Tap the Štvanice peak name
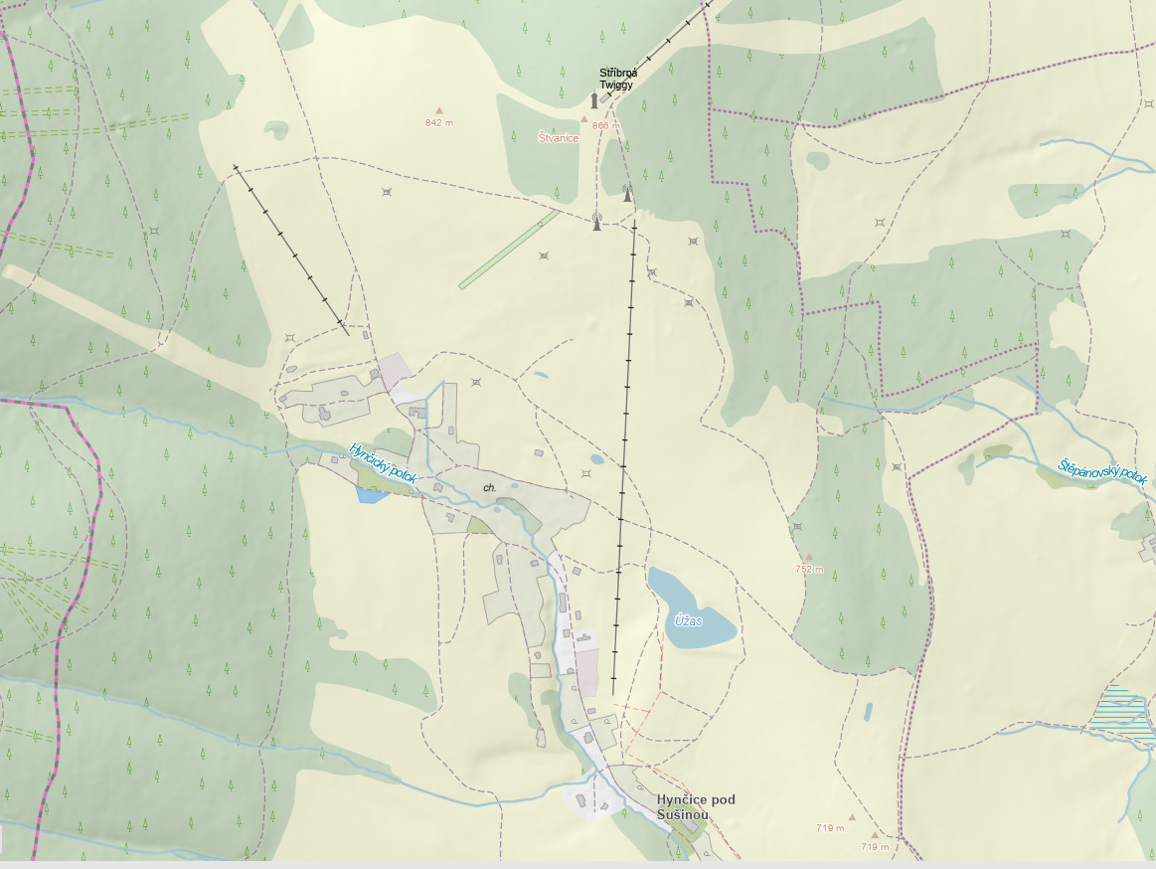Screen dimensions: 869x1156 pos(558,138)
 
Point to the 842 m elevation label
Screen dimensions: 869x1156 pos(438,123)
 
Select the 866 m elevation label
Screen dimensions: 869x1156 pos(605,126)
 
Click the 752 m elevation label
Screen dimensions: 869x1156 pos(810,570)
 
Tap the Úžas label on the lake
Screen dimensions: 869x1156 pos(689,620)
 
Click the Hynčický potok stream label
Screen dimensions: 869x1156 pos(383,464)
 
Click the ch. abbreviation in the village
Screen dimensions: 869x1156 pos(489,488)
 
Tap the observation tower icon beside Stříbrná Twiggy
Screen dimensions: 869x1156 pos(594,100)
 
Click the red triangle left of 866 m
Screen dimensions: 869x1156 pos(584,119)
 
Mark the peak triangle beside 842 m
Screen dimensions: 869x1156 pos(437,110)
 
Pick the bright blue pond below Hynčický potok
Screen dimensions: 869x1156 pos(372,494)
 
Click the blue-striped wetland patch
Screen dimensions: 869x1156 pos(1123,711)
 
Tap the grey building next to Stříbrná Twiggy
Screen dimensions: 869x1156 pos(605,97)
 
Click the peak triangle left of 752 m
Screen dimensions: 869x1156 pos(809,558)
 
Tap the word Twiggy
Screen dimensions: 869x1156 pos(616,86)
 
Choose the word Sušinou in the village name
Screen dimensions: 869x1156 pos(683,815)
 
